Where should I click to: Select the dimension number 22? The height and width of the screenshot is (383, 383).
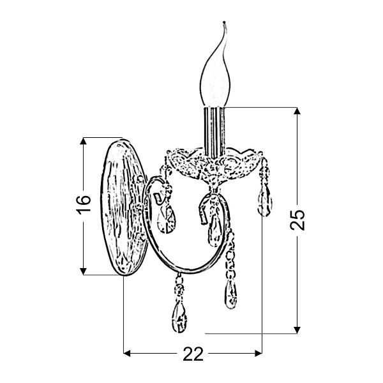(x=193, y=355)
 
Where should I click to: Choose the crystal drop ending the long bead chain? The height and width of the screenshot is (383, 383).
(x=229, y=294)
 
